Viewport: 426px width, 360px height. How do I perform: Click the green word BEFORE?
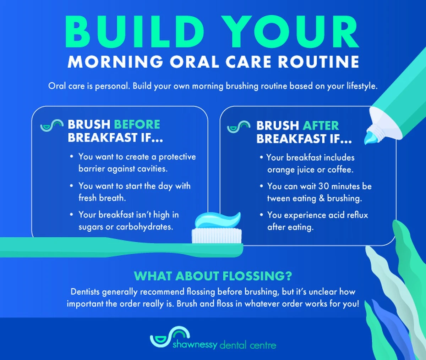pyautogui.click(x=137, y=124)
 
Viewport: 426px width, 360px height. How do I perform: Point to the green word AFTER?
pyautogui.click(x=321, y=126)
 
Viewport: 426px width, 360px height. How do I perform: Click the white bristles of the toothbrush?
pyautogui.click(x=217, y=236)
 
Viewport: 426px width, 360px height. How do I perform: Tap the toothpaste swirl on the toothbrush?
pyautogui.click(x=218, y=220)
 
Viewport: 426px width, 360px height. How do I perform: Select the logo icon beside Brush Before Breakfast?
pyautogui.click(x=52, y=125)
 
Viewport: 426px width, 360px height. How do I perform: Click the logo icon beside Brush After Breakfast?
pyautogui.click(x=239, y=126)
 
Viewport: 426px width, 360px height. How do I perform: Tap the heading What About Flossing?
pyautogui.click(x=213, y=276)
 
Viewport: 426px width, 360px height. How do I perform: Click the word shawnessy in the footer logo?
pyautogui.click(x=195, y=344)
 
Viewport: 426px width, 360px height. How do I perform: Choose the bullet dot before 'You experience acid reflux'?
pyautogui.click(x=261, y=215)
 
